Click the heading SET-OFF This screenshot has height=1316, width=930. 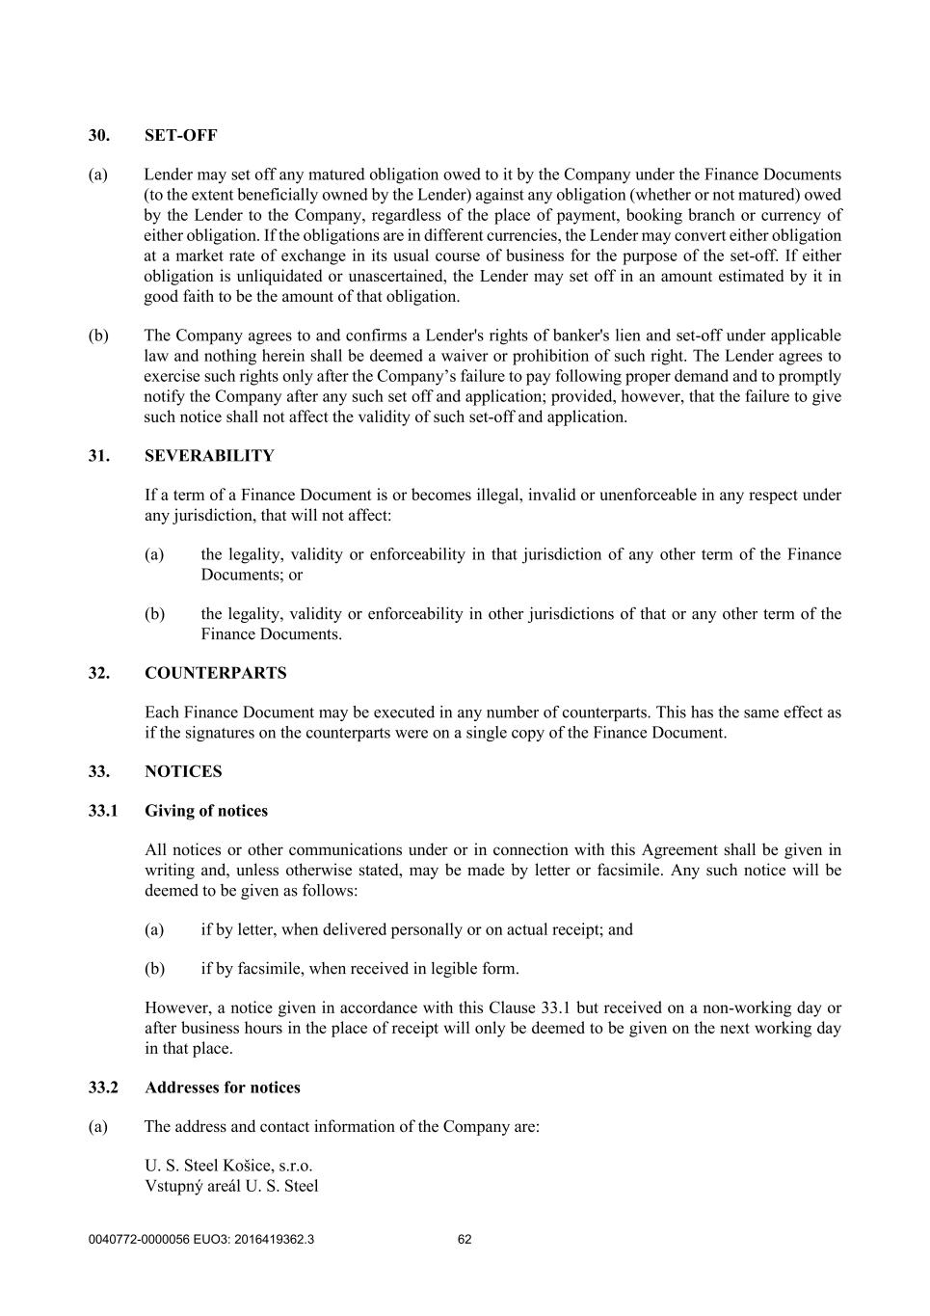(181, 136)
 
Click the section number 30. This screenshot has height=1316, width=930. (98, 136)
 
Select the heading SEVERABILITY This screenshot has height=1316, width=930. (209, 456)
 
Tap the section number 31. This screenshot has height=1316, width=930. (98, 456)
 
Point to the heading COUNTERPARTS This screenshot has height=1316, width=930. (216, 673)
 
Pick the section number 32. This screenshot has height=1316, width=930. (98, 673)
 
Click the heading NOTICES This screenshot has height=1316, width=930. (183, 771)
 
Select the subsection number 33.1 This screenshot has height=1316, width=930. (102, 811)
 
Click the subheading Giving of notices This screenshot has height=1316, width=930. (206, 811)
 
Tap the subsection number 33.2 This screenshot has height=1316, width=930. (102, 1088)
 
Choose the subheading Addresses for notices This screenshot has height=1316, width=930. (223, 1088)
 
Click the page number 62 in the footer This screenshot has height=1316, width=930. (465, 1240)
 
